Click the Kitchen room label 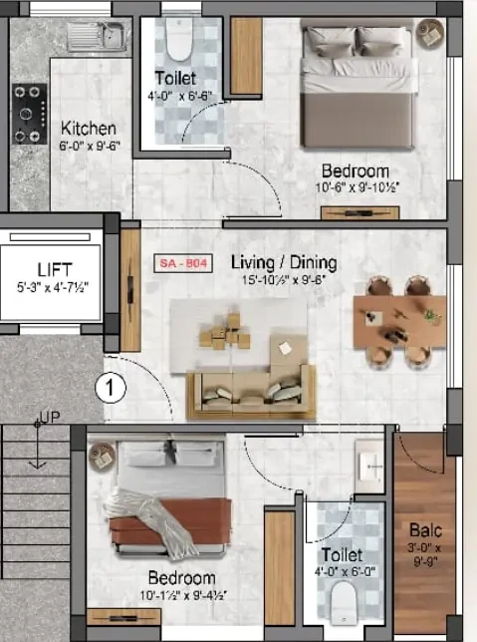point(89,129)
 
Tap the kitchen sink point(96,37)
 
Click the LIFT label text point(54,270)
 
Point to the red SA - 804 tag point(182,264)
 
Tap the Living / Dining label point(284,263)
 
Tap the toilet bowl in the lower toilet point(343,599)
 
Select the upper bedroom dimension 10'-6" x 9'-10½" point(355,186)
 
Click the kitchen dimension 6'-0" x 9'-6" point(89,147)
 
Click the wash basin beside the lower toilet point(368,465)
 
